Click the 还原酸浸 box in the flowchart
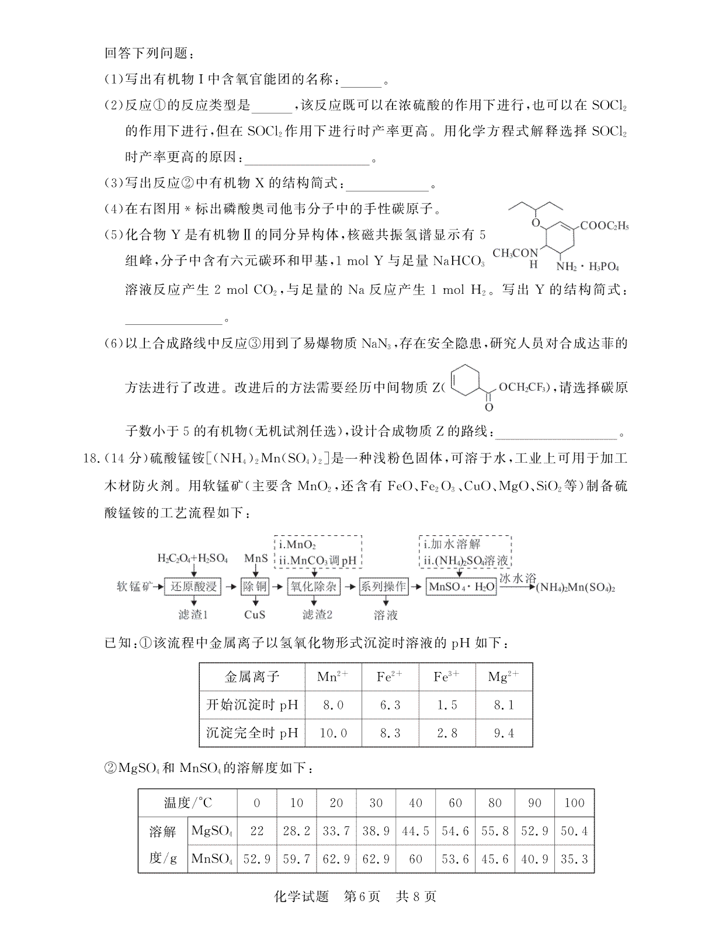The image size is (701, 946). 193,587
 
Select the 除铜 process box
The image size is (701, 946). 255,587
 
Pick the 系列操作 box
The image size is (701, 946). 383,587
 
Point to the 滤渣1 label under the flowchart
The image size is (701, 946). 193,614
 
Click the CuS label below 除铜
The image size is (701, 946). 255,614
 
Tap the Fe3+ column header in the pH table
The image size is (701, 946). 446,677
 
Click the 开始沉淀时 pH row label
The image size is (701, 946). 252,705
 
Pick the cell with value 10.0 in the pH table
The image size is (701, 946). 333,733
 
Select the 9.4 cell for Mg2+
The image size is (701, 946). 503,733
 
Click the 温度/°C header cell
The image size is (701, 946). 188,803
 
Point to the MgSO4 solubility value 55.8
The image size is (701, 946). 495,831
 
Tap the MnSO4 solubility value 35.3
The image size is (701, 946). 574,859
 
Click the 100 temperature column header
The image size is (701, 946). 574,803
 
